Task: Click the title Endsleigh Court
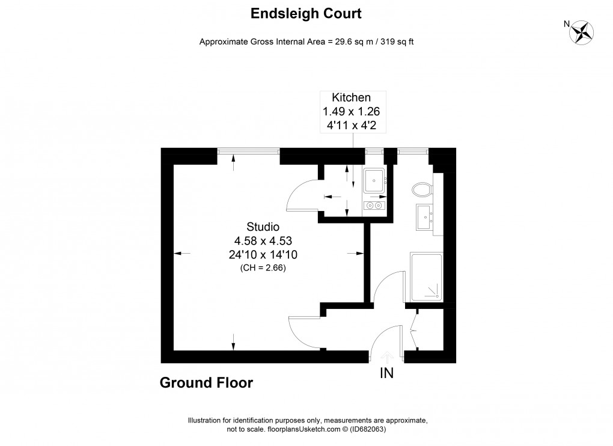[x=306, y=13]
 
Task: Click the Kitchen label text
[x=352, y=97]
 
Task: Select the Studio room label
[x=263, y=227]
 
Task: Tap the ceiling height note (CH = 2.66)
[x=263, y=268]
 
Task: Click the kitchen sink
[x=375, y=179]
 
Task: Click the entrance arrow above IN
[x=386, y=356]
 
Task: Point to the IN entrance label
[x=386, y=373]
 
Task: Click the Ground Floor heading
[x=206, y=383]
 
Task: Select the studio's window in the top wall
[x=248, y=153]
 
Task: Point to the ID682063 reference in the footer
[x=367, y=430]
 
